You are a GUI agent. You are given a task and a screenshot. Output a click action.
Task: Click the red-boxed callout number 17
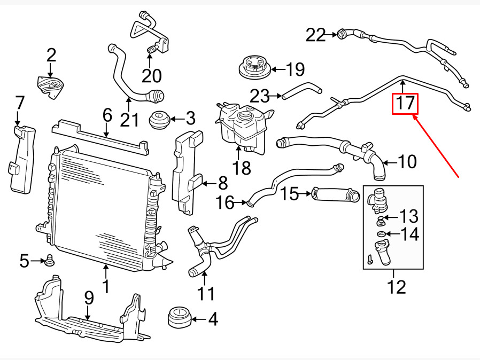[x=405, y=104]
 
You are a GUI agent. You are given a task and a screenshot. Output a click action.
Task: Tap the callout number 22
[x=315, y=35]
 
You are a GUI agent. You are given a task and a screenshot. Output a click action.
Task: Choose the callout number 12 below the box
[x=396, y=287]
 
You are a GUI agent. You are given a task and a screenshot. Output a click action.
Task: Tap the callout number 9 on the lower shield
[x=88, y=298]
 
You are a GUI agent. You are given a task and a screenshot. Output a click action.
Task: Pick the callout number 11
[x=206, y=293]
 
